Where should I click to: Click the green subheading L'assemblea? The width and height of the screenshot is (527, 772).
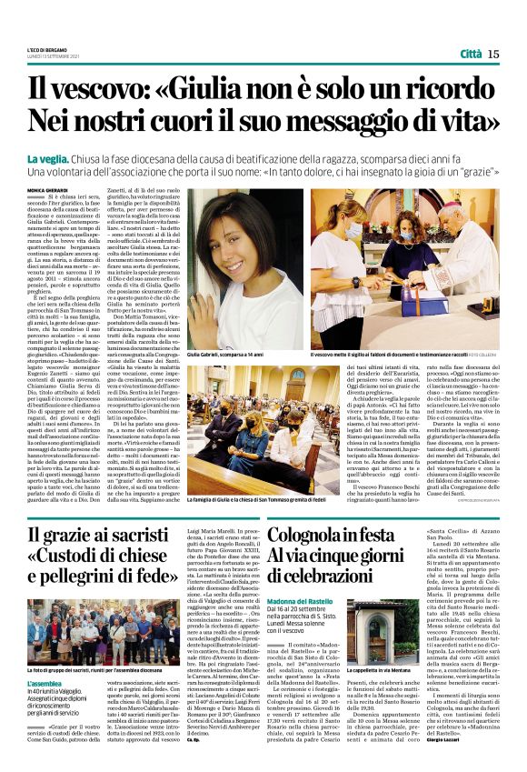[45, 682]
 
